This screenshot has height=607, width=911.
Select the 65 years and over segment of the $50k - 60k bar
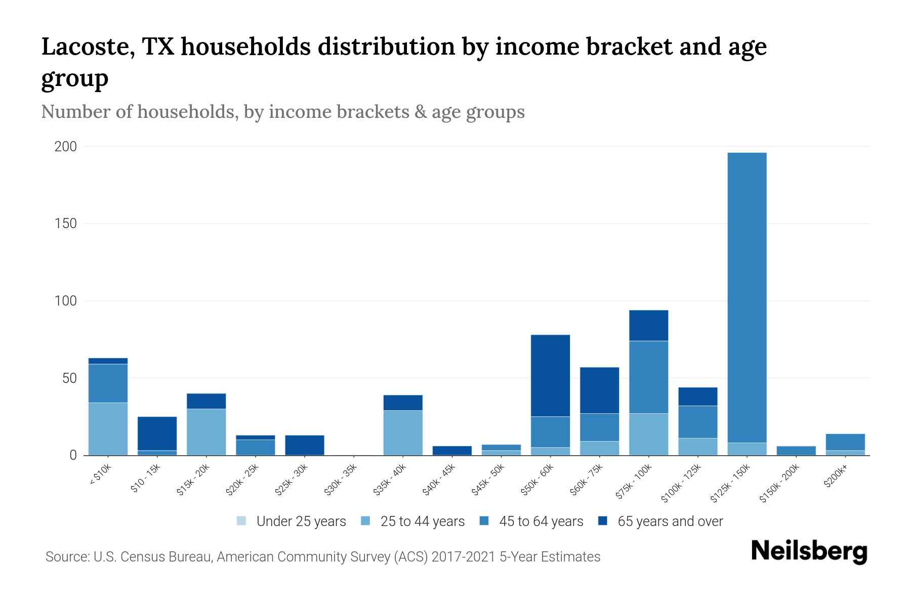point(550,375)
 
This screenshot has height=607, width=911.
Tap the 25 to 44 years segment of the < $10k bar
point(108,428)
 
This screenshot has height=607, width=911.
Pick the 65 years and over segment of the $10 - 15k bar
point(157,433)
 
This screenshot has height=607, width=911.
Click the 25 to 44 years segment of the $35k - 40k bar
point(403,432)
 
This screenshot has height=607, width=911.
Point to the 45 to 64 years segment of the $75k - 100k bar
point(648,377)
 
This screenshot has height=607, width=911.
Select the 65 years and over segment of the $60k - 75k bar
point(599,390)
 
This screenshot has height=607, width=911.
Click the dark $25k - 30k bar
point(304,445)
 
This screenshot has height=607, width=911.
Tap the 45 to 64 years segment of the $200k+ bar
point(845,442)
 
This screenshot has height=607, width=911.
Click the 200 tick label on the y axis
point(66,147)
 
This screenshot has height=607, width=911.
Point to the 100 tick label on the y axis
point(66,301)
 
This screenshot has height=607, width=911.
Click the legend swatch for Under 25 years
point(242,521)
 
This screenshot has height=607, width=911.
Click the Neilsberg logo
point(809,551)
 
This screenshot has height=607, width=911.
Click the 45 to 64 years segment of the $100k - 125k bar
point(697,422)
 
